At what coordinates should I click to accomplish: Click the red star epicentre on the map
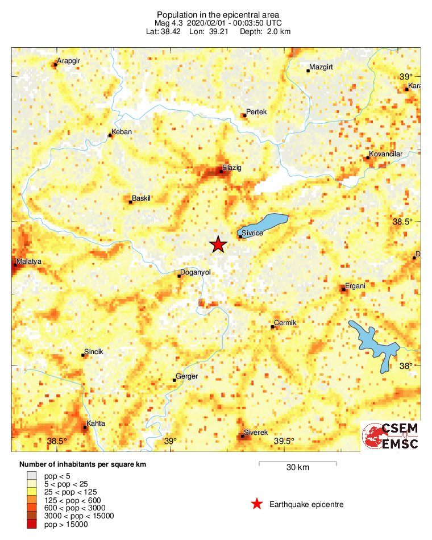click(x=218, y=244)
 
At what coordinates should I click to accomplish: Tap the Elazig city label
click(x=232, y=168)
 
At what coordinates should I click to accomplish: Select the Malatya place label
click(x=30, y=261)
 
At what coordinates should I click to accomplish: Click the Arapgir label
click(x=70, y=61)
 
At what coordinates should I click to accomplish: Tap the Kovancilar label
click(x=386, y=154)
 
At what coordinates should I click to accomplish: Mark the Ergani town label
click(x=355, y=286)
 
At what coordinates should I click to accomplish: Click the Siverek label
click(x=255, y=433)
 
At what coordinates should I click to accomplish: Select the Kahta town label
click(x=96, y=424)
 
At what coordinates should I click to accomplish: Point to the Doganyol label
click(x=195, y=272)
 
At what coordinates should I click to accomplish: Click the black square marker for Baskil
click(x=131, y=202)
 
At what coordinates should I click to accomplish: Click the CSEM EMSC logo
click(x=391, y=437)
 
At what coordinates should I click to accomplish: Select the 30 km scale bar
click(x=297, y=464)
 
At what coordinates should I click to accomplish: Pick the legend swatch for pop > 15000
click(x=32, y=525)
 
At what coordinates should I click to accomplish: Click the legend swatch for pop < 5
click(x=32, y=476)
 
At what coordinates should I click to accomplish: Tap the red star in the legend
click(x=257, y=504)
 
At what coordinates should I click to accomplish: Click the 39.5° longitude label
click(x=284, y=441)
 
